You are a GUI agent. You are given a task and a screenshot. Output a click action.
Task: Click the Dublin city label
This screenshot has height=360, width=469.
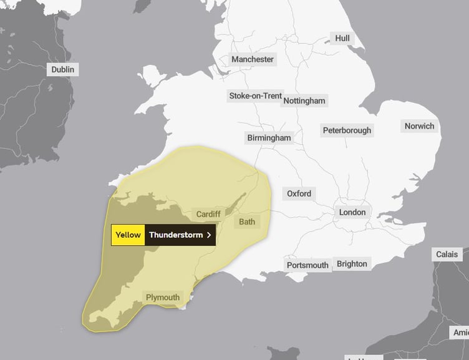(62, 69)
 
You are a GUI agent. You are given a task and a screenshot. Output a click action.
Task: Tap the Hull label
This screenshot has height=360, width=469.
(342, 38)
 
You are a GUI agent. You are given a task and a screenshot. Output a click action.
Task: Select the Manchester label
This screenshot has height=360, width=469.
(253, 59)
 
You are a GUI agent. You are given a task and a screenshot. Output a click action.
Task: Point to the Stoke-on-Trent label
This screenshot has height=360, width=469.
(255, 95)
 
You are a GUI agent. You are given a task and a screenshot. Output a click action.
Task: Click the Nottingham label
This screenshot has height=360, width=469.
(304, 100)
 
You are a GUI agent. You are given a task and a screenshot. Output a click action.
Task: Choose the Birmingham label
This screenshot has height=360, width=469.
(269, 137)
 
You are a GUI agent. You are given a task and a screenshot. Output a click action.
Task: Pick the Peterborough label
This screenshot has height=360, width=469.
(347, 130)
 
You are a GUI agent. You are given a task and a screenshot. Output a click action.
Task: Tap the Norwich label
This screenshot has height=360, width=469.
(419, 126)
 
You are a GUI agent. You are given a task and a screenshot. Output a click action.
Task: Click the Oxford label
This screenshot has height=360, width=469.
(299, 193)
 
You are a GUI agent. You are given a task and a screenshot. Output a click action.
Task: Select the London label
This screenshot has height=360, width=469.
(352, 212)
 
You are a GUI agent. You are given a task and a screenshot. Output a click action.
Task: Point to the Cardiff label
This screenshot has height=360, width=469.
(208, 214)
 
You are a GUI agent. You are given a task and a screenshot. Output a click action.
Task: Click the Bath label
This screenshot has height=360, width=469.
(247, 221)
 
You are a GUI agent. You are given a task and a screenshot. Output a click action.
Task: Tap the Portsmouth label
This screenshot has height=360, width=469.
(307, 265)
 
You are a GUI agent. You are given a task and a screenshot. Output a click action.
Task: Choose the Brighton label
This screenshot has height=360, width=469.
(352, 263)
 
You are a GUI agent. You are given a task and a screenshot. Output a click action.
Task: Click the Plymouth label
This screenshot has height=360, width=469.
(163, 298)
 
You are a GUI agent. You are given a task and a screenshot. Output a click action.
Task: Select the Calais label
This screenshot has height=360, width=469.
(447, 254)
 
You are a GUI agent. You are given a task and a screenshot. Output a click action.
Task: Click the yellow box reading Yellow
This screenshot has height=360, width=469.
(128, 235)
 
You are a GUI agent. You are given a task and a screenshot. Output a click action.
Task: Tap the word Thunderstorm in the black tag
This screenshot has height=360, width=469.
(176, 235)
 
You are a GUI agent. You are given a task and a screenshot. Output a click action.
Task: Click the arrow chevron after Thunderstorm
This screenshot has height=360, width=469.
(209, 235)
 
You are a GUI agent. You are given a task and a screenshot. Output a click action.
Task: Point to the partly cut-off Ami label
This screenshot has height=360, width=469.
(461, 333)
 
